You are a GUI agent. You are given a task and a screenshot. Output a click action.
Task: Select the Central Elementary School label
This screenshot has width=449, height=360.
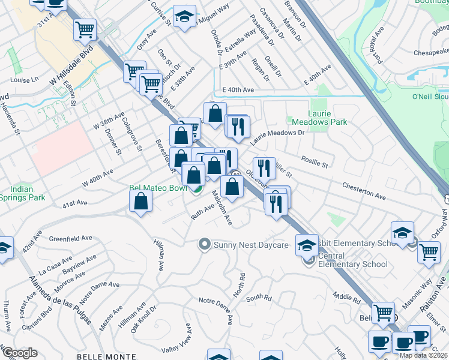tap(352, 260)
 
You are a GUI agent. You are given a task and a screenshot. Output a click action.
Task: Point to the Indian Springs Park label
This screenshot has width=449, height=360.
tap(22, 193)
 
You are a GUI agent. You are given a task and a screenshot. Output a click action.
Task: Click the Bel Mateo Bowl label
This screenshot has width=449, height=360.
tap(158, 188)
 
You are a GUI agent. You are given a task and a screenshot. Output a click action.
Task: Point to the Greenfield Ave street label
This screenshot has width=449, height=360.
tap(70, 238)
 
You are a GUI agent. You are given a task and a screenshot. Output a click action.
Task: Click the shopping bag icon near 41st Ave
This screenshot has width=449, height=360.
tap(140, 202)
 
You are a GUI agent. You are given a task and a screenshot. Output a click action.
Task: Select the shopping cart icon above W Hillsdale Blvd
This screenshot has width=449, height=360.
tap(85, 28)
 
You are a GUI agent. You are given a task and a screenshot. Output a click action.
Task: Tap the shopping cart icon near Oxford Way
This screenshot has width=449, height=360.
tap(429, 252)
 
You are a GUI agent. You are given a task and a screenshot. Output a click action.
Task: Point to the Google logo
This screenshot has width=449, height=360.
tap(19, 353)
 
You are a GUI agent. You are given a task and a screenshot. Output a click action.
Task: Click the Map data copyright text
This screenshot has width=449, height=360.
tap(424, 355)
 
